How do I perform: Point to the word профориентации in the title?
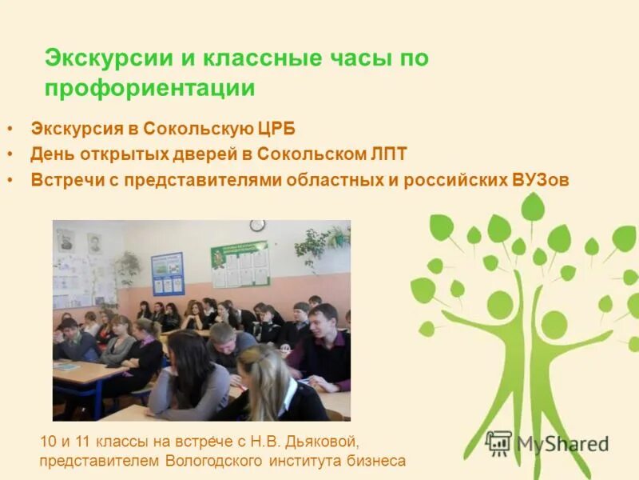[150, 87]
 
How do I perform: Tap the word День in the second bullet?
[50, 154]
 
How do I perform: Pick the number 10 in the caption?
[48, 441]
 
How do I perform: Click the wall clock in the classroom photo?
[257, 226]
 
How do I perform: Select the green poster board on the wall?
[240, 264]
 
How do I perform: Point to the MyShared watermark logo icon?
[498, 442]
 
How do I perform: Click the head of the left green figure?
[500, 304]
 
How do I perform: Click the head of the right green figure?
[554, 325]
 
